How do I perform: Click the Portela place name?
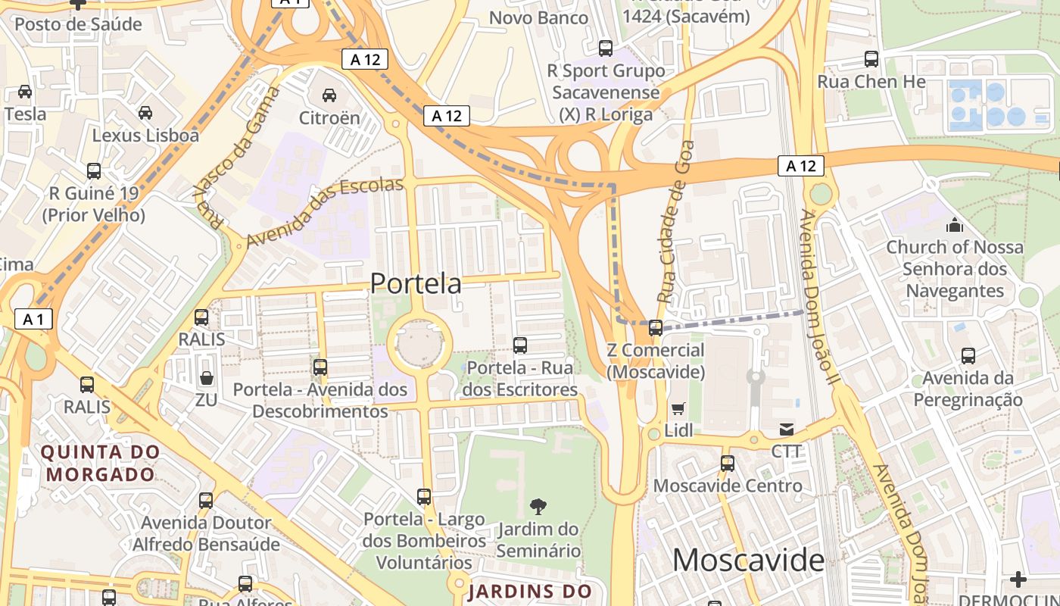click(416, 283)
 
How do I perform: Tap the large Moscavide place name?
click(748, 561)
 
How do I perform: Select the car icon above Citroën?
click(329, 95)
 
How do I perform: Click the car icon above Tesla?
click(25, 92)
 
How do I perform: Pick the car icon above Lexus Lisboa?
click(145, 113)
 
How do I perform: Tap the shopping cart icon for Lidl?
click(678, 409)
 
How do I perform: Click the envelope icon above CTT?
click(787, 430)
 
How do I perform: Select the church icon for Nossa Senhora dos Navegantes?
click(955, 225)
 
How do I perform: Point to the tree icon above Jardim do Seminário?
click(538, 506)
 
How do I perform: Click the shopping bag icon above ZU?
click(206, 377)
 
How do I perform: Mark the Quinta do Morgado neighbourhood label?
click(101, 464)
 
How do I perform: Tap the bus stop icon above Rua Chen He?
click(871, 59)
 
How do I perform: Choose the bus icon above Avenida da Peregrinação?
click(968, 356)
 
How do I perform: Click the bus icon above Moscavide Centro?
click(728, 463)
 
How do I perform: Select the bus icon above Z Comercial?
click(656, 328)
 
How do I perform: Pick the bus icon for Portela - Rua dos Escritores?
click(520, 345)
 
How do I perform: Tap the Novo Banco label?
click(538, 17)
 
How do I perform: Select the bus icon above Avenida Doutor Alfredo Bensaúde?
click(206, 500)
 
